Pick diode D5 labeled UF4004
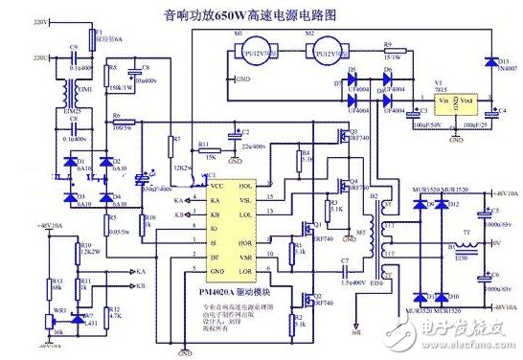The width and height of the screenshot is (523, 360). [x=352, y=73]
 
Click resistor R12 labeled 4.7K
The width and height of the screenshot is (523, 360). [x=117, y=312]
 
